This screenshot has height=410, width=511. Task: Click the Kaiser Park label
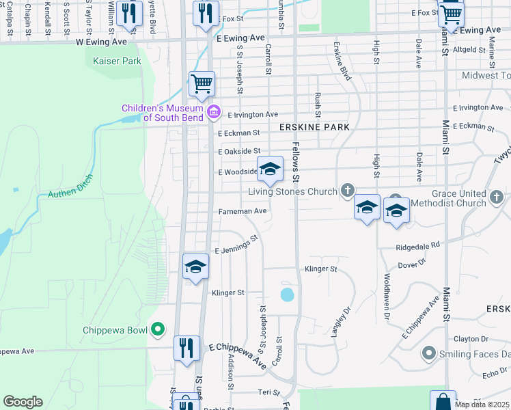[116, 61]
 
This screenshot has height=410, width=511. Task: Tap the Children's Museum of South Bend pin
[213, 111]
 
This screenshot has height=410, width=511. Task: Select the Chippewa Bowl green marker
[158, 330]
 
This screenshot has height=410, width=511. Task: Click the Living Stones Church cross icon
[348, 190]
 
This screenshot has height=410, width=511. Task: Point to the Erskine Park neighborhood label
[314, 128]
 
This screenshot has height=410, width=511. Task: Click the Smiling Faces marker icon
[429, 353]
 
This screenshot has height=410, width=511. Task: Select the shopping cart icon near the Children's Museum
[202, 85]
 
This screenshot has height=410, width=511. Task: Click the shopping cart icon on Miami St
[451, 13]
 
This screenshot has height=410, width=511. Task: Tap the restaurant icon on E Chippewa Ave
[187, 348]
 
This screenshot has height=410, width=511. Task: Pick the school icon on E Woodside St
[270, 169]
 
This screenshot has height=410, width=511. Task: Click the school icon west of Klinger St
[195, 266]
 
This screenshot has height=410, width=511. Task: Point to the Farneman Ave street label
[242, 211]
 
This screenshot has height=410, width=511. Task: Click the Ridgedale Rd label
[416, 245]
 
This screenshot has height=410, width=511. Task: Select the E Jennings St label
[236, 246]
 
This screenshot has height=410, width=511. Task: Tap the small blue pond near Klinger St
[288, 295]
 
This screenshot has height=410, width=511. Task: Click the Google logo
[23, 402]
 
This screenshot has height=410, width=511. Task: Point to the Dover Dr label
[412, 262]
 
